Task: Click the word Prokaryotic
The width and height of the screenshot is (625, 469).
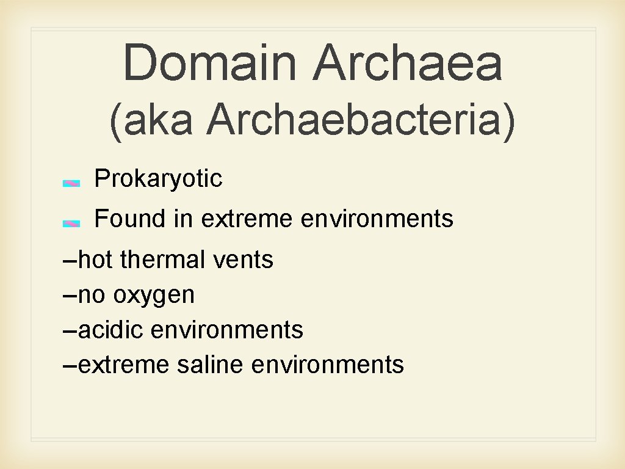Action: [x=159, y=179]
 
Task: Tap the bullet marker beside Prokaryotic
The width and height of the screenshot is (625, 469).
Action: [x=71, y=183]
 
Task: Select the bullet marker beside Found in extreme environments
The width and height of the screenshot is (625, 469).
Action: [x=71, y=224]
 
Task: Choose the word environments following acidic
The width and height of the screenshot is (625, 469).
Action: [x=226, y=330]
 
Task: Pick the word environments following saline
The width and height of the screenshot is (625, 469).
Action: [x=327, y=365]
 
